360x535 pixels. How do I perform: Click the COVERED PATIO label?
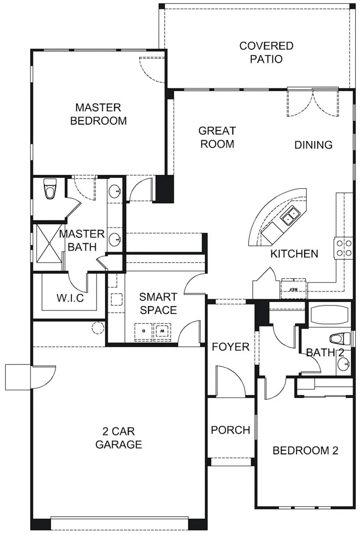pos(266,52)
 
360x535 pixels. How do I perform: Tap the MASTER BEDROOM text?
pos(98,114)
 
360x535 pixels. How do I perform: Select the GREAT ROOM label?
pos(217,137)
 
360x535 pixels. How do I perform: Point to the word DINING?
pos(314,145)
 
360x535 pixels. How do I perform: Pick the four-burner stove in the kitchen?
pos(344,248)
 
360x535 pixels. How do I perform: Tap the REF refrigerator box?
pos(293,288)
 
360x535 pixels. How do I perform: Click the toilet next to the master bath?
pos(50,189)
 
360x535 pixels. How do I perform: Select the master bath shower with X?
pos(49,243)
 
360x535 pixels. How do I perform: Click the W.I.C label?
pos(70,298)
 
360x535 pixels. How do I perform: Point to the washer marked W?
pos(162,332)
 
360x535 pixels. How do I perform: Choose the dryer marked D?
pos(144,332)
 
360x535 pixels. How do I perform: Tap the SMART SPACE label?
pos(158,303)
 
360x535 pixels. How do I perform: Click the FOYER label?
pos(231,347)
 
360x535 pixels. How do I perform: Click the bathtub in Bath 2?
pos(329,314)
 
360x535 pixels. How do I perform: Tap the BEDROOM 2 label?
pos(305,451)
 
